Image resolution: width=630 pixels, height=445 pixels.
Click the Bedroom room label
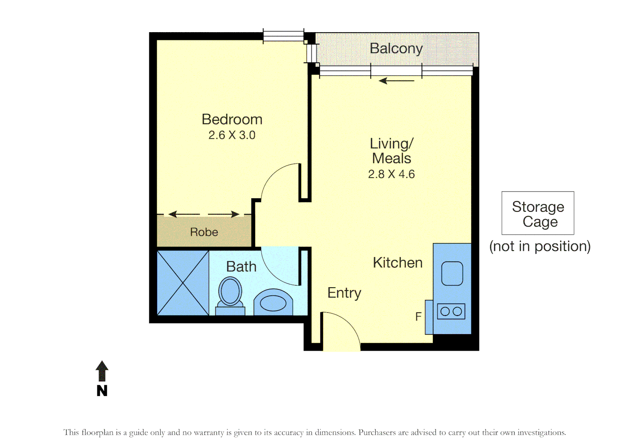(232, 119)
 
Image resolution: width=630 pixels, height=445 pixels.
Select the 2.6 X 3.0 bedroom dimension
(232, 135)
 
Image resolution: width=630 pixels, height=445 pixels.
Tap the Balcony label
(396, 49)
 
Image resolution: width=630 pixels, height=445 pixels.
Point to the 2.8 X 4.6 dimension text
(391, 174)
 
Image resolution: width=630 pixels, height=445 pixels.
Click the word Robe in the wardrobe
(204, 232)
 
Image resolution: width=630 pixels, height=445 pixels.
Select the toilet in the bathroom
(230, 293)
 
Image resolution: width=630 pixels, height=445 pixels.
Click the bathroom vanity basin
(273, 303)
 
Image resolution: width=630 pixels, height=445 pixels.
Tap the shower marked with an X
(183, 283)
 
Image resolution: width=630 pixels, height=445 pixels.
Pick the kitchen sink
(452, 274)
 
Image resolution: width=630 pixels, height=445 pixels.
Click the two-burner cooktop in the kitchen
(451, 311)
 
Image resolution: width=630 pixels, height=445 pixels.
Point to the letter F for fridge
(418, 317)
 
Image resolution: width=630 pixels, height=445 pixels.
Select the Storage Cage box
(538, 213)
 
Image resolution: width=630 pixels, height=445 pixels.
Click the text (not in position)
(540, 246)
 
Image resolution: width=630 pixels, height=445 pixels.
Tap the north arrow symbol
(102, 371)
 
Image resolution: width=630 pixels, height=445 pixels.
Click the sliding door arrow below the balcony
(396, 81)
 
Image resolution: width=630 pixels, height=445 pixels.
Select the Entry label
(344, 293)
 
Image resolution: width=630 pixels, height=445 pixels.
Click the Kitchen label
(397, 263)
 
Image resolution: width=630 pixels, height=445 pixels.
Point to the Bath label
(241, 267)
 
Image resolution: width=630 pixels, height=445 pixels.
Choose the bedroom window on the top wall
(283, 36)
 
